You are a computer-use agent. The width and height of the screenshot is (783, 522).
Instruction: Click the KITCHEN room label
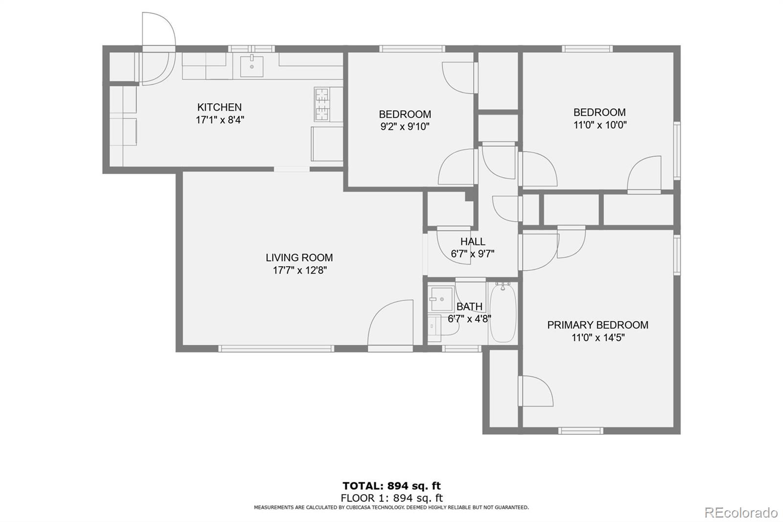[x=219, y=107]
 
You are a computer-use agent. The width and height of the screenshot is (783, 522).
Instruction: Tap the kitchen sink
[x=252, y=66]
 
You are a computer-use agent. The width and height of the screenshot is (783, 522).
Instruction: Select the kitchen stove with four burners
[x=322, y=104]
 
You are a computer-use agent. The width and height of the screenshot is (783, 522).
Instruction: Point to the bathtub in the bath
[x=503, y=313]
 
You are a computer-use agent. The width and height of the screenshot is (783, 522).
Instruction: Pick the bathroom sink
[x=442, y=299]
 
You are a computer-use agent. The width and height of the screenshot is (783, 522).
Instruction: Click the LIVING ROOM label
[x=299, y=258]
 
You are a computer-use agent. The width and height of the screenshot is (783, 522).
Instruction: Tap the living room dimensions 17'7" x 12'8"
[x=299, y=270]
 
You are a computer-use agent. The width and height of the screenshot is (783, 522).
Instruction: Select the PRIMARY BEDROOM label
[x=598, y=325]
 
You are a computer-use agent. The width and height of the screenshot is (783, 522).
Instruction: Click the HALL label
[x=473, y=241]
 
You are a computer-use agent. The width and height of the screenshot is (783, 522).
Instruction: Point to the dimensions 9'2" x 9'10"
[x=405, y=126]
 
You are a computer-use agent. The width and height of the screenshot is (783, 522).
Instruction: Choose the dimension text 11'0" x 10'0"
[x=600, y=125]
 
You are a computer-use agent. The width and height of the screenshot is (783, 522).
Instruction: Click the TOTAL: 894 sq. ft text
[x=391, y=486]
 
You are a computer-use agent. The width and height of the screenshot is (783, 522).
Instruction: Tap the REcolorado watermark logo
[x=741, y=513]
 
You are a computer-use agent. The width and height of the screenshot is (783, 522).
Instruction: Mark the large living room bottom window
[x=276, y=349]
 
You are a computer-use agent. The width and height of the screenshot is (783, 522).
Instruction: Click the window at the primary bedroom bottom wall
[x=580, y=431]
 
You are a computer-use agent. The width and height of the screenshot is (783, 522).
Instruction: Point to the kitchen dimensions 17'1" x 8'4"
[x=220, y=120]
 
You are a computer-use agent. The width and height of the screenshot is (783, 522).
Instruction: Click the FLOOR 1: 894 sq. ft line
[x=391, y=498]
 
